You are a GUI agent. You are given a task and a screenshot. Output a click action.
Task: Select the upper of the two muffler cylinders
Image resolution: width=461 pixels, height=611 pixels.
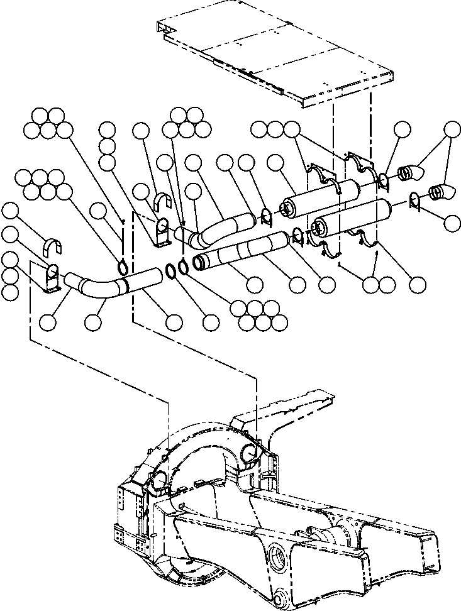(321, 195)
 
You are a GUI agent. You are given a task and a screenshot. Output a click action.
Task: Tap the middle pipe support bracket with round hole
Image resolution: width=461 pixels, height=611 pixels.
(162, 229)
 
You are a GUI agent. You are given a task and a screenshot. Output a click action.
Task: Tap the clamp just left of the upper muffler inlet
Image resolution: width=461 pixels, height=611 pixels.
(265, 217)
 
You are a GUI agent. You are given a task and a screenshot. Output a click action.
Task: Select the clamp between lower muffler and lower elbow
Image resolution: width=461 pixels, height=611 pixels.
(413, 201)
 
